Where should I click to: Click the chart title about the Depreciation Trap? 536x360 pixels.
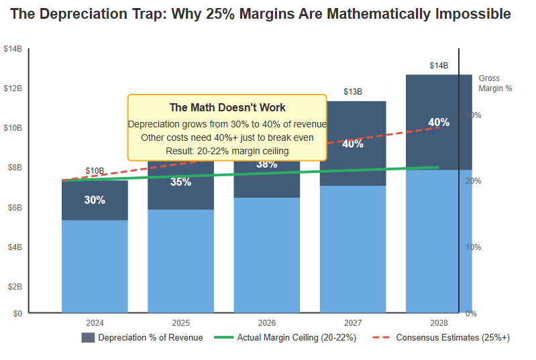pos(261,14)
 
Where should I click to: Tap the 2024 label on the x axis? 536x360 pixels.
pos(95,322)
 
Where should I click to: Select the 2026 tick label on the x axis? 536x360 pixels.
pos(266,322)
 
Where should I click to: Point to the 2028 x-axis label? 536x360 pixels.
pos(438,322)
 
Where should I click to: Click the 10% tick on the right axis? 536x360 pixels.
pos(473,247)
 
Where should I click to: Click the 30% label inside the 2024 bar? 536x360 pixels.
pos(95,200)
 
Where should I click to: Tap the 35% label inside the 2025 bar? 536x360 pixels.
pos(180,182)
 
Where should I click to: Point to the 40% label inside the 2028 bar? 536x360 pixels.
pos(438,123)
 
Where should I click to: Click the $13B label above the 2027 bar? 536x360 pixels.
pos(352,92)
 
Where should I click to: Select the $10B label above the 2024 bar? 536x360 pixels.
pos(95,171)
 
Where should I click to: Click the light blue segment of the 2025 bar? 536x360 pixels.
pos(180,261)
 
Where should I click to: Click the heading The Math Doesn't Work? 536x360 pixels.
pos(227,107)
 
